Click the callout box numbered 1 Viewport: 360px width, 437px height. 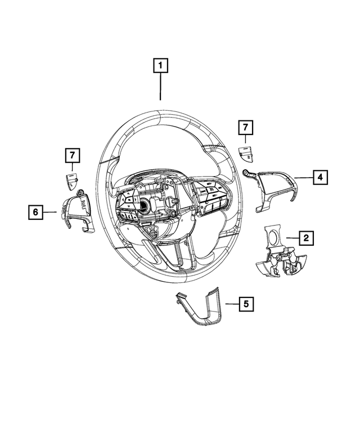(161, 66)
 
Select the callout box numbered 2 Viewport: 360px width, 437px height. (306, 239)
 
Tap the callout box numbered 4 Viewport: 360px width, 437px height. (319, 178)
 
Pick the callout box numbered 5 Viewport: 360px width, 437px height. (246, 304)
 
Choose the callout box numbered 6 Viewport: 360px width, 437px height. (35, 212)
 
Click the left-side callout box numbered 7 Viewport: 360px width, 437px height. (73, 154)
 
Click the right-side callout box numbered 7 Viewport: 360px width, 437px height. (245, 128)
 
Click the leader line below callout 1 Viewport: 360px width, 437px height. (161, 87)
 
